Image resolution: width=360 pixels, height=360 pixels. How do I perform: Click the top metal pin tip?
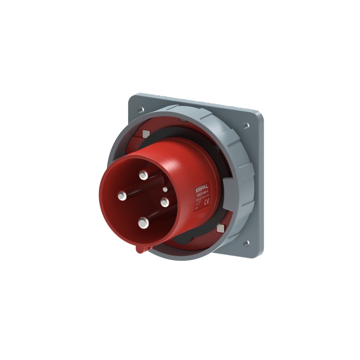pos(144,174)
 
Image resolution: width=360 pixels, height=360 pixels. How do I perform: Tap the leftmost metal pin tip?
pos(122,195)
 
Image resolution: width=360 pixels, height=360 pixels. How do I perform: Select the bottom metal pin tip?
pos(143,221)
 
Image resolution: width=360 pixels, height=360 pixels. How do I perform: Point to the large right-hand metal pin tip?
pos(164,201)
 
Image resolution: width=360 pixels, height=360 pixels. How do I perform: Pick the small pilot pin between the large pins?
pos(165,189)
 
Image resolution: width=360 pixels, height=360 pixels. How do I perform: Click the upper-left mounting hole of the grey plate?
pos(138,108)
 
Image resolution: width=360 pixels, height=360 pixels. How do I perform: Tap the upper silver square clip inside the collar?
pos(145,133)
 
